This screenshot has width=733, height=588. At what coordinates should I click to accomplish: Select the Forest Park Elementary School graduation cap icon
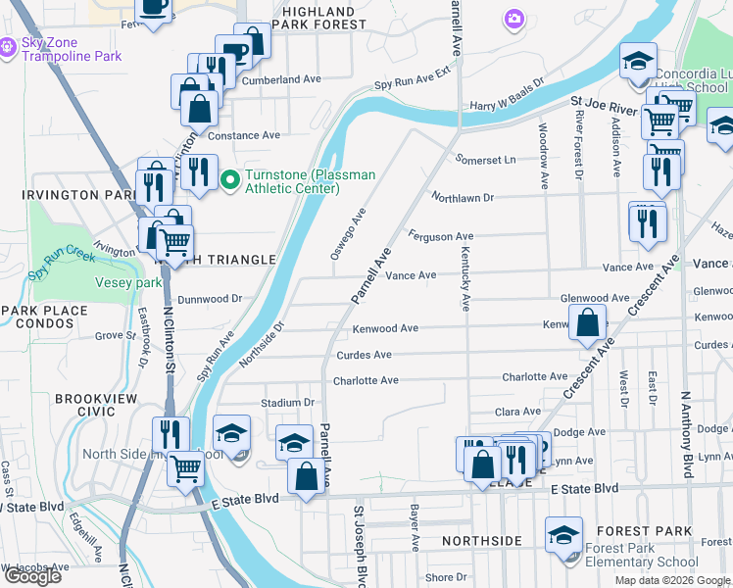tap(563, 535)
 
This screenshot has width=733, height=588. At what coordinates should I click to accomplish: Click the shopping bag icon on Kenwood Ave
tap(586, 323)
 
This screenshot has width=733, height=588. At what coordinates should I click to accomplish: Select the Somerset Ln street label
tap(485, 160)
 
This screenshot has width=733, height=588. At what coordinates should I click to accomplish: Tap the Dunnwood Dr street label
tap(209, 299)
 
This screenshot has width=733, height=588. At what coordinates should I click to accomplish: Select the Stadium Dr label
tap(286, 403)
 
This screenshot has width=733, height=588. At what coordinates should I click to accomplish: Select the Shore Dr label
tap(446, 578)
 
